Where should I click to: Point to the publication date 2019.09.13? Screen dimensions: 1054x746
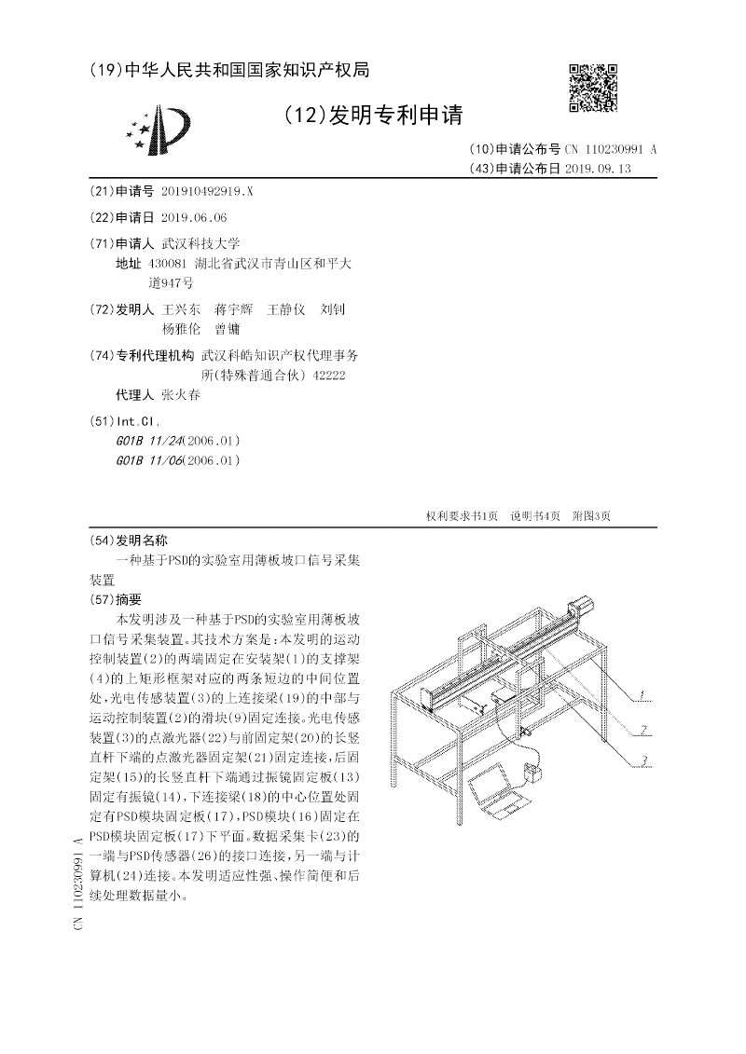(598, 169)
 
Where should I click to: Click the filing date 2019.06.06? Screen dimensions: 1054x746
(194, 217)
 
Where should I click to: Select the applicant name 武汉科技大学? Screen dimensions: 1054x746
(200, 243)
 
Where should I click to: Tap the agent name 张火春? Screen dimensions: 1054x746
(181, 394)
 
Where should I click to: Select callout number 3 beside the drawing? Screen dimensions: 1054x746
(642, 762)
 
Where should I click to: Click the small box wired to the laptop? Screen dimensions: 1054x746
(535, 773)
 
